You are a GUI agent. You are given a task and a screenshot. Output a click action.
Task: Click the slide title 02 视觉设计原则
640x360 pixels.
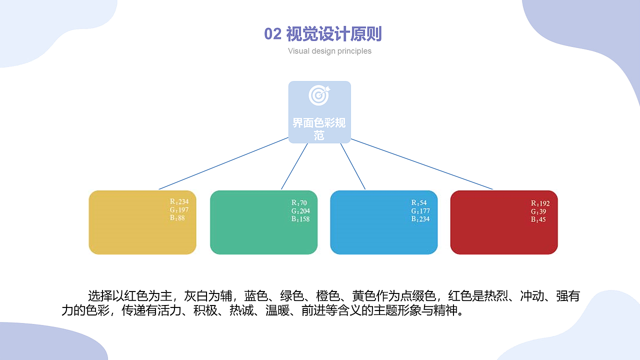pos(323,34)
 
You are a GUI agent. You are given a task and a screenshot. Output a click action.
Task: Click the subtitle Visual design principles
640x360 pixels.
pos(329,51)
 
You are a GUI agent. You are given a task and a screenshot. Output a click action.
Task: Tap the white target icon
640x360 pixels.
pos(319,95)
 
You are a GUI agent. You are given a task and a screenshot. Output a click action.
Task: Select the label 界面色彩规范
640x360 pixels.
pos(319,128)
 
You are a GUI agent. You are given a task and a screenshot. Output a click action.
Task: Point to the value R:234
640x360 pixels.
pos(179,202)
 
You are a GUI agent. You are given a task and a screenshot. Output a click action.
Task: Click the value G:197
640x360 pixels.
pos(179,210)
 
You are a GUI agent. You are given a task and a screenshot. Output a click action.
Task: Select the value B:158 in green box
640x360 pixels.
pos(300,219)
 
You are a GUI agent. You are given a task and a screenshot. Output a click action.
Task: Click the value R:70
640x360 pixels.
pos(299,203)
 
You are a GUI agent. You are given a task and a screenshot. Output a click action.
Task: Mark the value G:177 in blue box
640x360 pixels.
pos(420,211)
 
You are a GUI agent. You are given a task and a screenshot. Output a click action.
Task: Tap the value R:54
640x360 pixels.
pos(419,203)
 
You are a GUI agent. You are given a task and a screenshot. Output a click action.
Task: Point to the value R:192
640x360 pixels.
pos(540,203)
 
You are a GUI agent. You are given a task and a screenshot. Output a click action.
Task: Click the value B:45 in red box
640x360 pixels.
pos(538,219)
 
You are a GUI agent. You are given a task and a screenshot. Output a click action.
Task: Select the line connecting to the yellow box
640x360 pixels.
pos(223,163)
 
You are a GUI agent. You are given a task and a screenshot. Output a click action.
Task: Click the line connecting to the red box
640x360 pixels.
pos(421,164)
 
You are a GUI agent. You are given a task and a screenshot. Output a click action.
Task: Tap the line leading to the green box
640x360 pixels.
pos(294,166)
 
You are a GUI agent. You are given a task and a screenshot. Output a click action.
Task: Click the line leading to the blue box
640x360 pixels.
pos(353,166)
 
